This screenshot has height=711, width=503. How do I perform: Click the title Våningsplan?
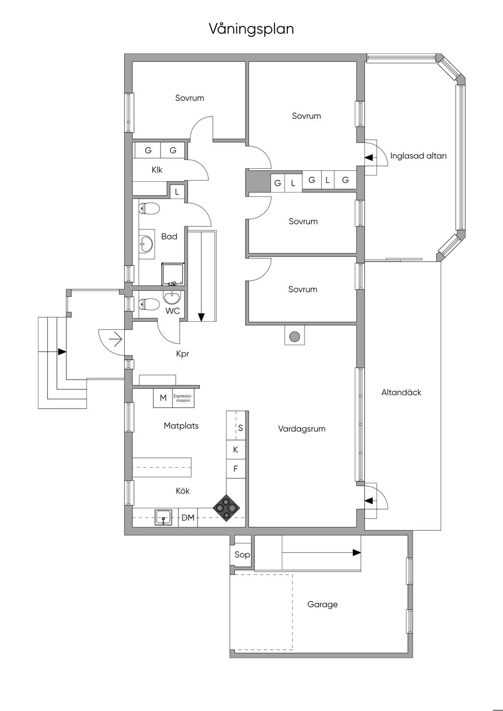coord(251,29)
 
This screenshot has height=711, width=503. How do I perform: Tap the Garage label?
coord(322,604)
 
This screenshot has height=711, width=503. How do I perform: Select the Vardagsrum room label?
coord(302,429)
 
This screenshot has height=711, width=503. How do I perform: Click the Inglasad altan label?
coord(418,156)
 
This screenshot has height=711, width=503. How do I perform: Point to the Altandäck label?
coord(401,392)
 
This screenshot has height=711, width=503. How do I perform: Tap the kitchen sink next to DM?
coord(164,518)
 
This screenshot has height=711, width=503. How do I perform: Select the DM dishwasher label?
coord(188,518)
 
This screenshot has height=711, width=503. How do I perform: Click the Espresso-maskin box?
coord(183,398)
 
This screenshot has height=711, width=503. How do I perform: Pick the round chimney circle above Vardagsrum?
coord(295,336)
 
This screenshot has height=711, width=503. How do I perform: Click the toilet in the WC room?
coord(149,304)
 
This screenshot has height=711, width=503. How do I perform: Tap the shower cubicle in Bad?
coord(172,273)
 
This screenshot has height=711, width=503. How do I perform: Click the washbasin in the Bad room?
coord(146,244)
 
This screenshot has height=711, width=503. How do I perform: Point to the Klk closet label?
coord(157,170)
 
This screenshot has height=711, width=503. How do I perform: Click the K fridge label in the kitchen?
coord(236,449)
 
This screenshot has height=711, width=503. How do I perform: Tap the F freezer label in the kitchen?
coord(236,468)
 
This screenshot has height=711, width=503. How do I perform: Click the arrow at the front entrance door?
coord(115,340)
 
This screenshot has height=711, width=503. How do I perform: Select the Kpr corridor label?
coord(183,354)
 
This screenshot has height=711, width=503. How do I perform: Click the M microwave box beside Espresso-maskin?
coord(163,398)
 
